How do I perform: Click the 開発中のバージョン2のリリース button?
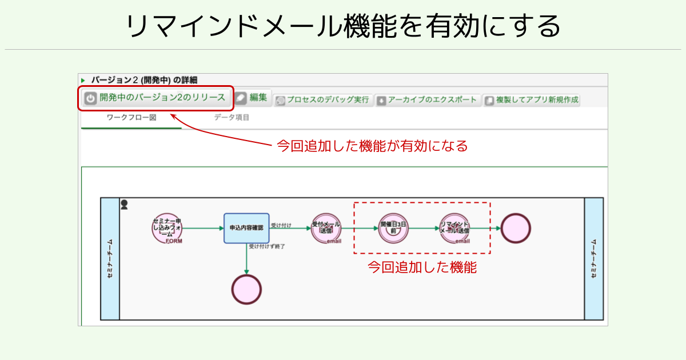pos(155,98)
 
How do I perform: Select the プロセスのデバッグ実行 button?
pos(323,100)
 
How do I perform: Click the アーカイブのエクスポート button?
pos(428,100)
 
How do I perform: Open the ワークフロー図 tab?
pos(131,118)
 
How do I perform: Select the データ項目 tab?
pos(232,118)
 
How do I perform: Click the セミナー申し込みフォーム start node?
pos(167,228)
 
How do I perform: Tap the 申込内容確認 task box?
pos(246,228)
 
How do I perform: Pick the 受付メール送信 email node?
pos(326,228)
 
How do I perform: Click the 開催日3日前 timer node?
pos(393,228)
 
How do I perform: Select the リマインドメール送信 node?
pos(454,228)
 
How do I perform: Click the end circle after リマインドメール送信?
pos(516,228)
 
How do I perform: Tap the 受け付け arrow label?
pos(281,225)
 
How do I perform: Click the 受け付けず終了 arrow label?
pos(266,246)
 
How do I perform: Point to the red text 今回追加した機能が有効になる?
pos(372,146)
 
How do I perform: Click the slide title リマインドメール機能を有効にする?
pos(343,26)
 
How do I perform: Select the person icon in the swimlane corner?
pos(124,205)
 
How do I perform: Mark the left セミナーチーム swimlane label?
pos(110,259)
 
